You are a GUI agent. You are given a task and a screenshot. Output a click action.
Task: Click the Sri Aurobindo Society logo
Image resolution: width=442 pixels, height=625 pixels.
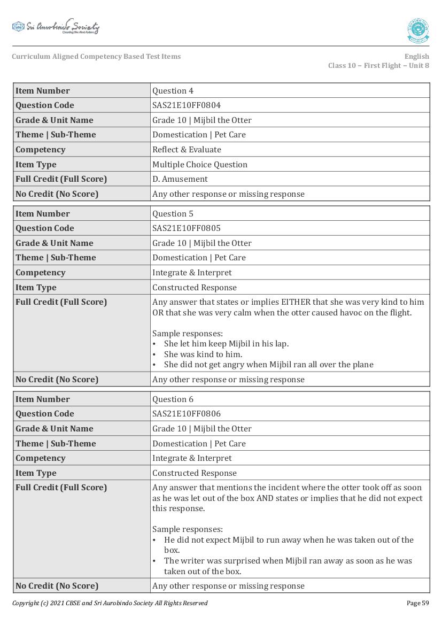pos(56,27)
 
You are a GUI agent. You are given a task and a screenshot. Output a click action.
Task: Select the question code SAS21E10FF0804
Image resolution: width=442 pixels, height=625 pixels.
pos(186,105)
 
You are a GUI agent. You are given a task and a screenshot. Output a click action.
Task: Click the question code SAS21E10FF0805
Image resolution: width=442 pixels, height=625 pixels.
pos(186,228)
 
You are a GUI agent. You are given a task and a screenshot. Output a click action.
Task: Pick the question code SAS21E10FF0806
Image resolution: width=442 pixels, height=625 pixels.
pos(186,414)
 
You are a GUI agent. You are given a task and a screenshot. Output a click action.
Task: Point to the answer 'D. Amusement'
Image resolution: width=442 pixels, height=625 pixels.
pos(180,179)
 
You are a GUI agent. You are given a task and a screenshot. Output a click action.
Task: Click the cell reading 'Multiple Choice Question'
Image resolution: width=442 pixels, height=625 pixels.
pos(199,165)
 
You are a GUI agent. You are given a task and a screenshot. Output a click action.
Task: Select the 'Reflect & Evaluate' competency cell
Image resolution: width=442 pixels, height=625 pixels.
pos(187,150)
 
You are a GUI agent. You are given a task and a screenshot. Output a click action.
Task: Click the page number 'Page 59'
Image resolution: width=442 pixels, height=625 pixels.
pos(417,603)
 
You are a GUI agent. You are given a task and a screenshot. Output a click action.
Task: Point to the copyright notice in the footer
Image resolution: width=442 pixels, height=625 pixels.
pos(110,603)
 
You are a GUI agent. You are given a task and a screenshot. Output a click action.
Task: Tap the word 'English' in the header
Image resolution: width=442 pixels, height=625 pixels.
pos(416,57)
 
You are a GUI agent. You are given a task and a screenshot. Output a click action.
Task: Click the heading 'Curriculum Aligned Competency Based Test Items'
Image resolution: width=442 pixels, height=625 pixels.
pos(96,57)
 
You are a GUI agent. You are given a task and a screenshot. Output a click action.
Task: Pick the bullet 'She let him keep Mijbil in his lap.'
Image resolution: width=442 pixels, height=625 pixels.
pos(226,344)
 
